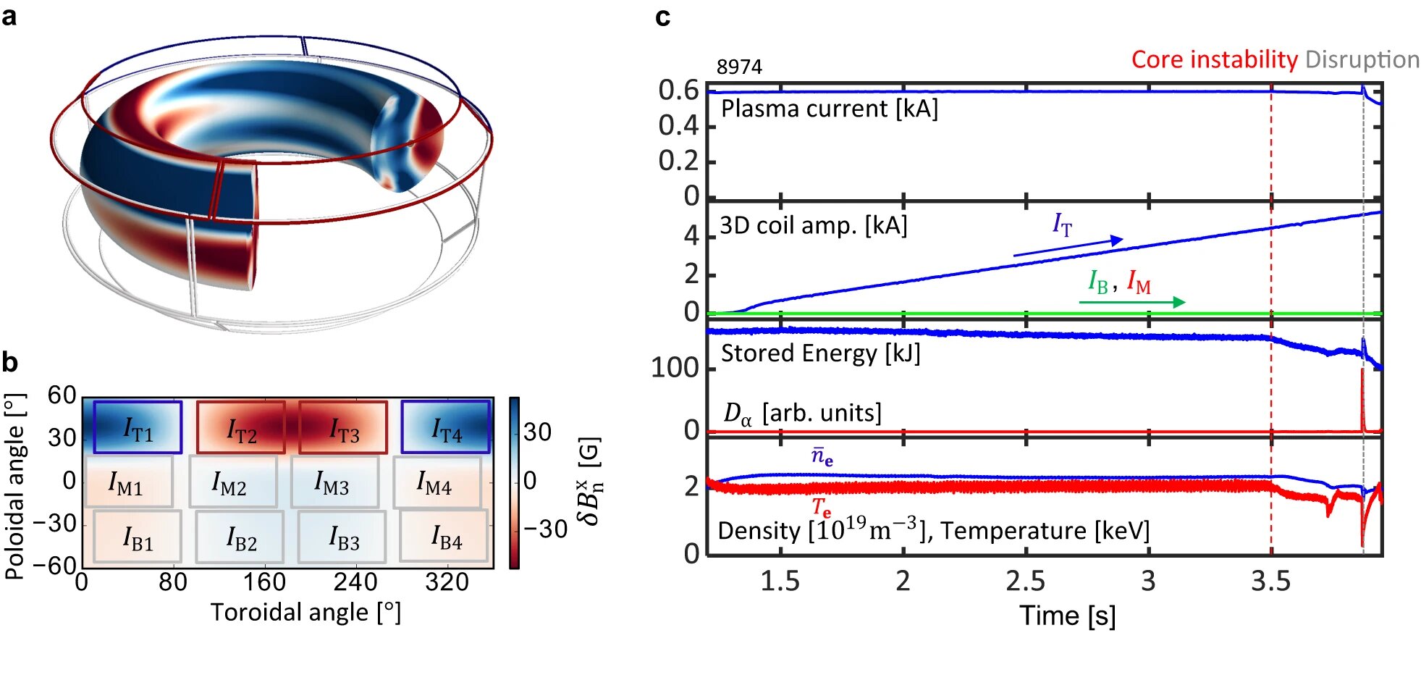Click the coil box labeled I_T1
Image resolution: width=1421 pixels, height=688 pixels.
point(138,427)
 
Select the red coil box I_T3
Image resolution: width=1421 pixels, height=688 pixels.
point(343,427)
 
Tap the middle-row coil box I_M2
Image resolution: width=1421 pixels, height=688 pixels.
point(232,482)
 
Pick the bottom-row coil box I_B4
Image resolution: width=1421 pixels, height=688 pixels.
point(444,537)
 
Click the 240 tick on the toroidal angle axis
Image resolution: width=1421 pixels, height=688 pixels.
point(355,582)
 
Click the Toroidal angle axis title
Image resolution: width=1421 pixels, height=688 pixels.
point(305,613)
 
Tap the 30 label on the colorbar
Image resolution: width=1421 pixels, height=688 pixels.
point(537,432)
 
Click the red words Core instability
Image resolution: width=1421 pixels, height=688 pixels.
point(1214,59)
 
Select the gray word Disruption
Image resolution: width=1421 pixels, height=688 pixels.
point(1362,59)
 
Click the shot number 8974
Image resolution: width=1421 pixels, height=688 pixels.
point(739,67)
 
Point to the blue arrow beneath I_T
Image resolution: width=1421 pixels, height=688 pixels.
point(1068,246)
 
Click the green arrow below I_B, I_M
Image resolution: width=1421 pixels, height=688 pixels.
point(1131,301)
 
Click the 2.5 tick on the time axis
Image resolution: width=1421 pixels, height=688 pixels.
point(1025,582)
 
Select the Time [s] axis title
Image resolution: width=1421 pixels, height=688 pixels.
point(1067,616)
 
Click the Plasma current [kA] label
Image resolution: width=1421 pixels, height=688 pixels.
point(830,109)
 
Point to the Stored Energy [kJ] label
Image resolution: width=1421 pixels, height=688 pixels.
point(820,353)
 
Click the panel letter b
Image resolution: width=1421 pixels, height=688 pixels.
point(10,362)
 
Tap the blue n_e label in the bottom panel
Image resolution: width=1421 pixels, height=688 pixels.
point(822,457)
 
